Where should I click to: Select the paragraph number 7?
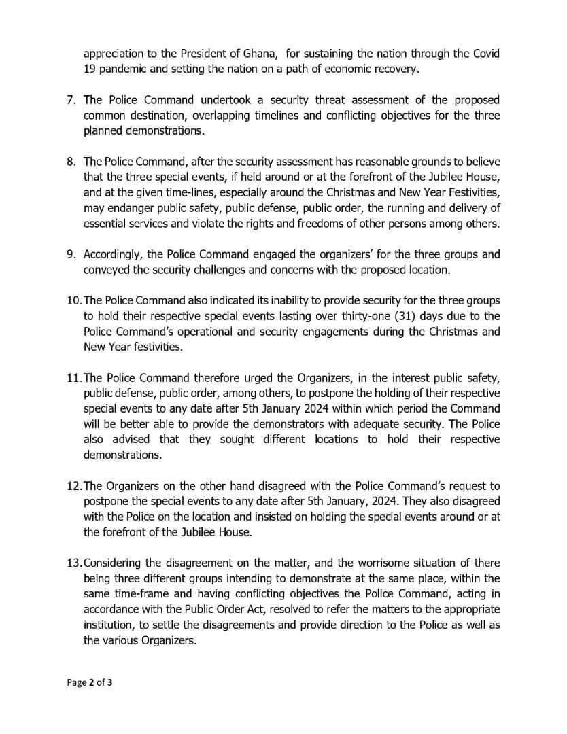tap(71, 101)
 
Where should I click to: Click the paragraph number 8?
tap(71, 162)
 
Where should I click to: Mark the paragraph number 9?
tap(71, 254)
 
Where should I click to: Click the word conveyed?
tap(106, 269)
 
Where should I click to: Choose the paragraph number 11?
tap(73, 378)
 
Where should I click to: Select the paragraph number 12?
tap(73, 485)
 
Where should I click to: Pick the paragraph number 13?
tap(73, 563)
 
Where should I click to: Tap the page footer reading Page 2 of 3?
tap(89, 683)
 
